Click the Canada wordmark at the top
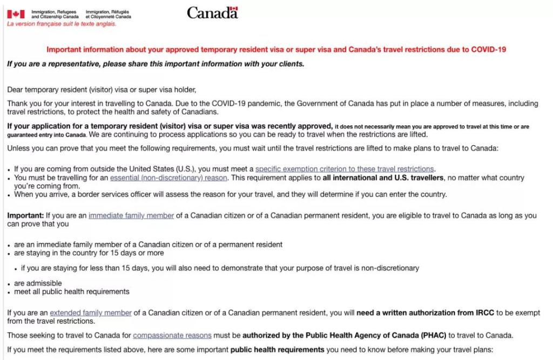tap(212, 12)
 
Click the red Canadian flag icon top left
tap(16, 14)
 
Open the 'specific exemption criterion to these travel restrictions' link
tap(345, 169)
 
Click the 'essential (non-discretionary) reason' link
tap(168, 178)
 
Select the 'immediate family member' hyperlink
tap(131, 215)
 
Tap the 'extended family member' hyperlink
tap(91, 313)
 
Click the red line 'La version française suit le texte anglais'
tap(62, 24)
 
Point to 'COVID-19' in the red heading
tap(488, 49)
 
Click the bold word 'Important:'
tap(25, 215)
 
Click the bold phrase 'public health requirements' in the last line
tap(278, 349)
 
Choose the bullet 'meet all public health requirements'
tap(72, 291)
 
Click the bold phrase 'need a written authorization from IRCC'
tap(422, 313)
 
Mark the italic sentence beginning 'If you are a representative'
tap(156, 64)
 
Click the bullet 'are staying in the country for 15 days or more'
tap(89, 253)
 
